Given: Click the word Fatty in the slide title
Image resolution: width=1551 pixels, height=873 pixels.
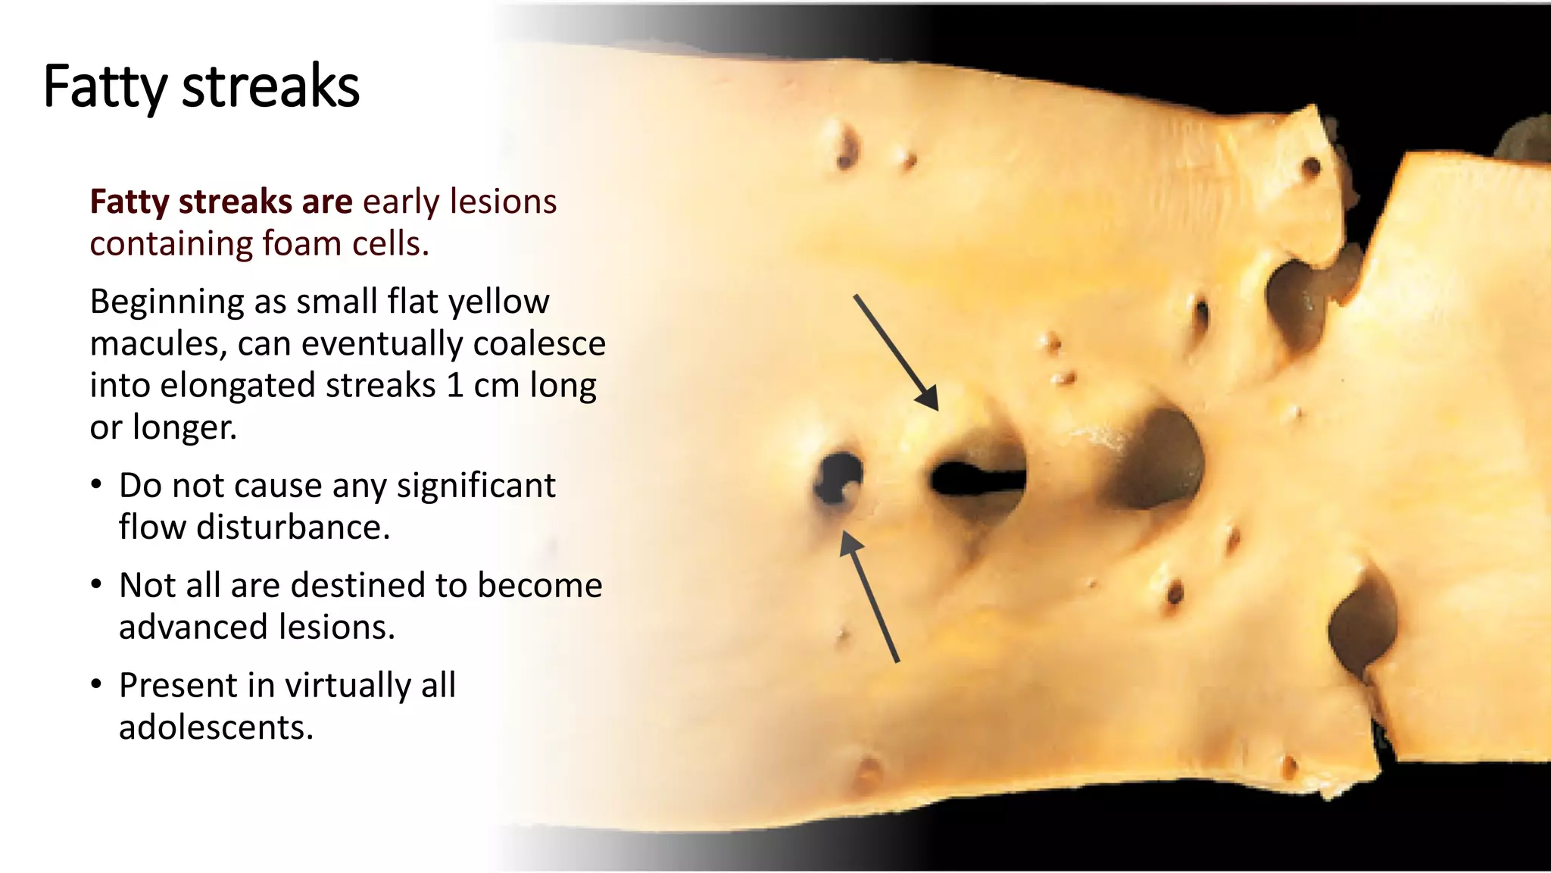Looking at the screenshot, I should pyautogui.click(x=104, y=87).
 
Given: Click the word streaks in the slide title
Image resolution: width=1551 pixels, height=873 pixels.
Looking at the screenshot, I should pyautogui.click(x=270, y=87).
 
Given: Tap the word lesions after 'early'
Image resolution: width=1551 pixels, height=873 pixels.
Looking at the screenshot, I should pyautogui.click(x=503, y=202).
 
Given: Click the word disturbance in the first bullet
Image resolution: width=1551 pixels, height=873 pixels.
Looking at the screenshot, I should pyautogui.click(x=293, y=527).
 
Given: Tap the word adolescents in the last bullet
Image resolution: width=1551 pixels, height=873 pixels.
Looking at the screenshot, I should pyautogui.click(x=216, y=727).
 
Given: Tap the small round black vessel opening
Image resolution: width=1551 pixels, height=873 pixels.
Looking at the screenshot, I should pyautogui.click(x=838, y=477).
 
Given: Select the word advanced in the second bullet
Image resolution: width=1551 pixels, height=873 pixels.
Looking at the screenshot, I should pyautogui.click(x=194, y=627).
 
